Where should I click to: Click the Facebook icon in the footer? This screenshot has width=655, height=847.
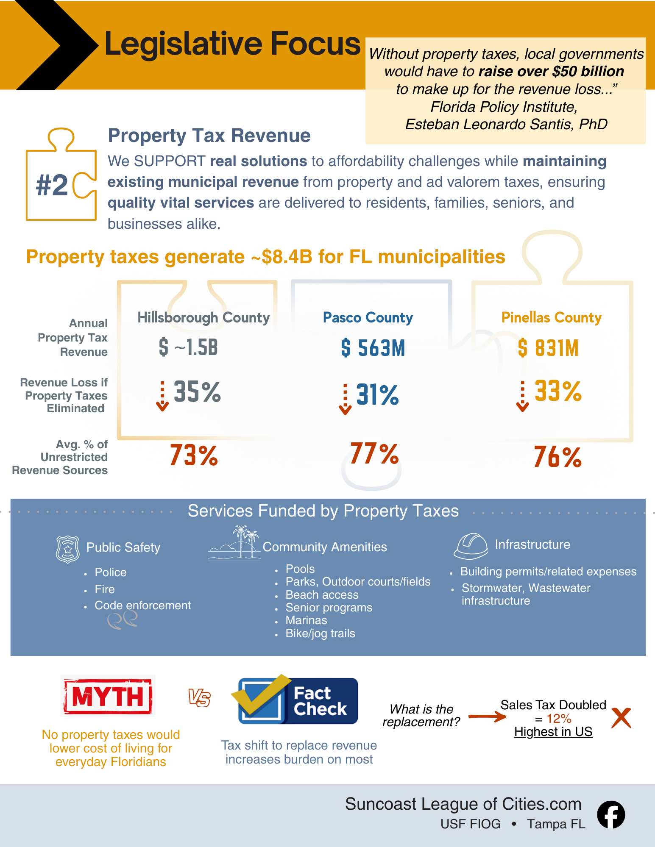point(611,814)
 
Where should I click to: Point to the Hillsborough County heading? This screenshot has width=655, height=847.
point(203,317)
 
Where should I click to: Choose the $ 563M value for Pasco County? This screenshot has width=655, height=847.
point(373,348)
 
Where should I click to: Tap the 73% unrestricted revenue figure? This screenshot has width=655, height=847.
point(194,455)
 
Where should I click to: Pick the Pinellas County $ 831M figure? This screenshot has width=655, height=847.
point(548,348)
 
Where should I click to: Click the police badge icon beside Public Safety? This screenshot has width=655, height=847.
point(68,549)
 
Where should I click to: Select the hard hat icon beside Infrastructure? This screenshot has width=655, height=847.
point(471,546)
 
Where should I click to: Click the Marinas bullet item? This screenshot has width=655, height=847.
point(306,620)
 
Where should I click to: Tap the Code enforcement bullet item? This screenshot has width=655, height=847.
point(142,605)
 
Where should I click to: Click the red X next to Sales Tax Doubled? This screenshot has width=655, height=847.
point(622,718)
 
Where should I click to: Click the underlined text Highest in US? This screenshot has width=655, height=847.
point(553,732)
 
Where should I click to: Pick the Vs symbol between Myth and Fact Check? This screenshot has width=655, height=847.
point(199,697)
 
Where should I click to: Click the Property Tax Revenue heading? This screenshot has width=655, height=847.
point(209,136)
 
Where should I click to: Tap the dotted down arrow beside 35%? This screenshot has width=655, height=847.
point(162,396)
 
